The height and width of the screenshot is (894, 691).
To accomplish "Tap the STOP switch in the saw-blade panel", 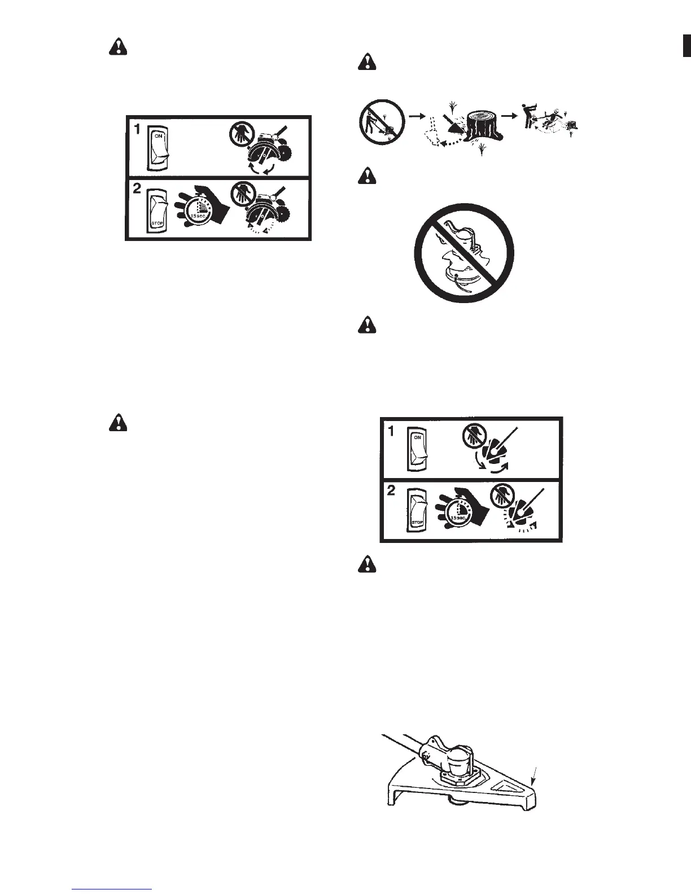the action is coord(158,210).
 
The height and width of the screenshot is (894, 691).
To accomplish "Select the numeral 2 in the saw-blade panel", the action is coord(136,191).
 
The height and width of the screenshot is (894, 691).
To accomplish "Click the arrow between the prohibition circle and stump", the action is coord(417,115).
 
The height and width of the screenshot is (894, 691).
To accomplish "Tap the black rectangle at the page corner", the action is coord(687,45).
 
